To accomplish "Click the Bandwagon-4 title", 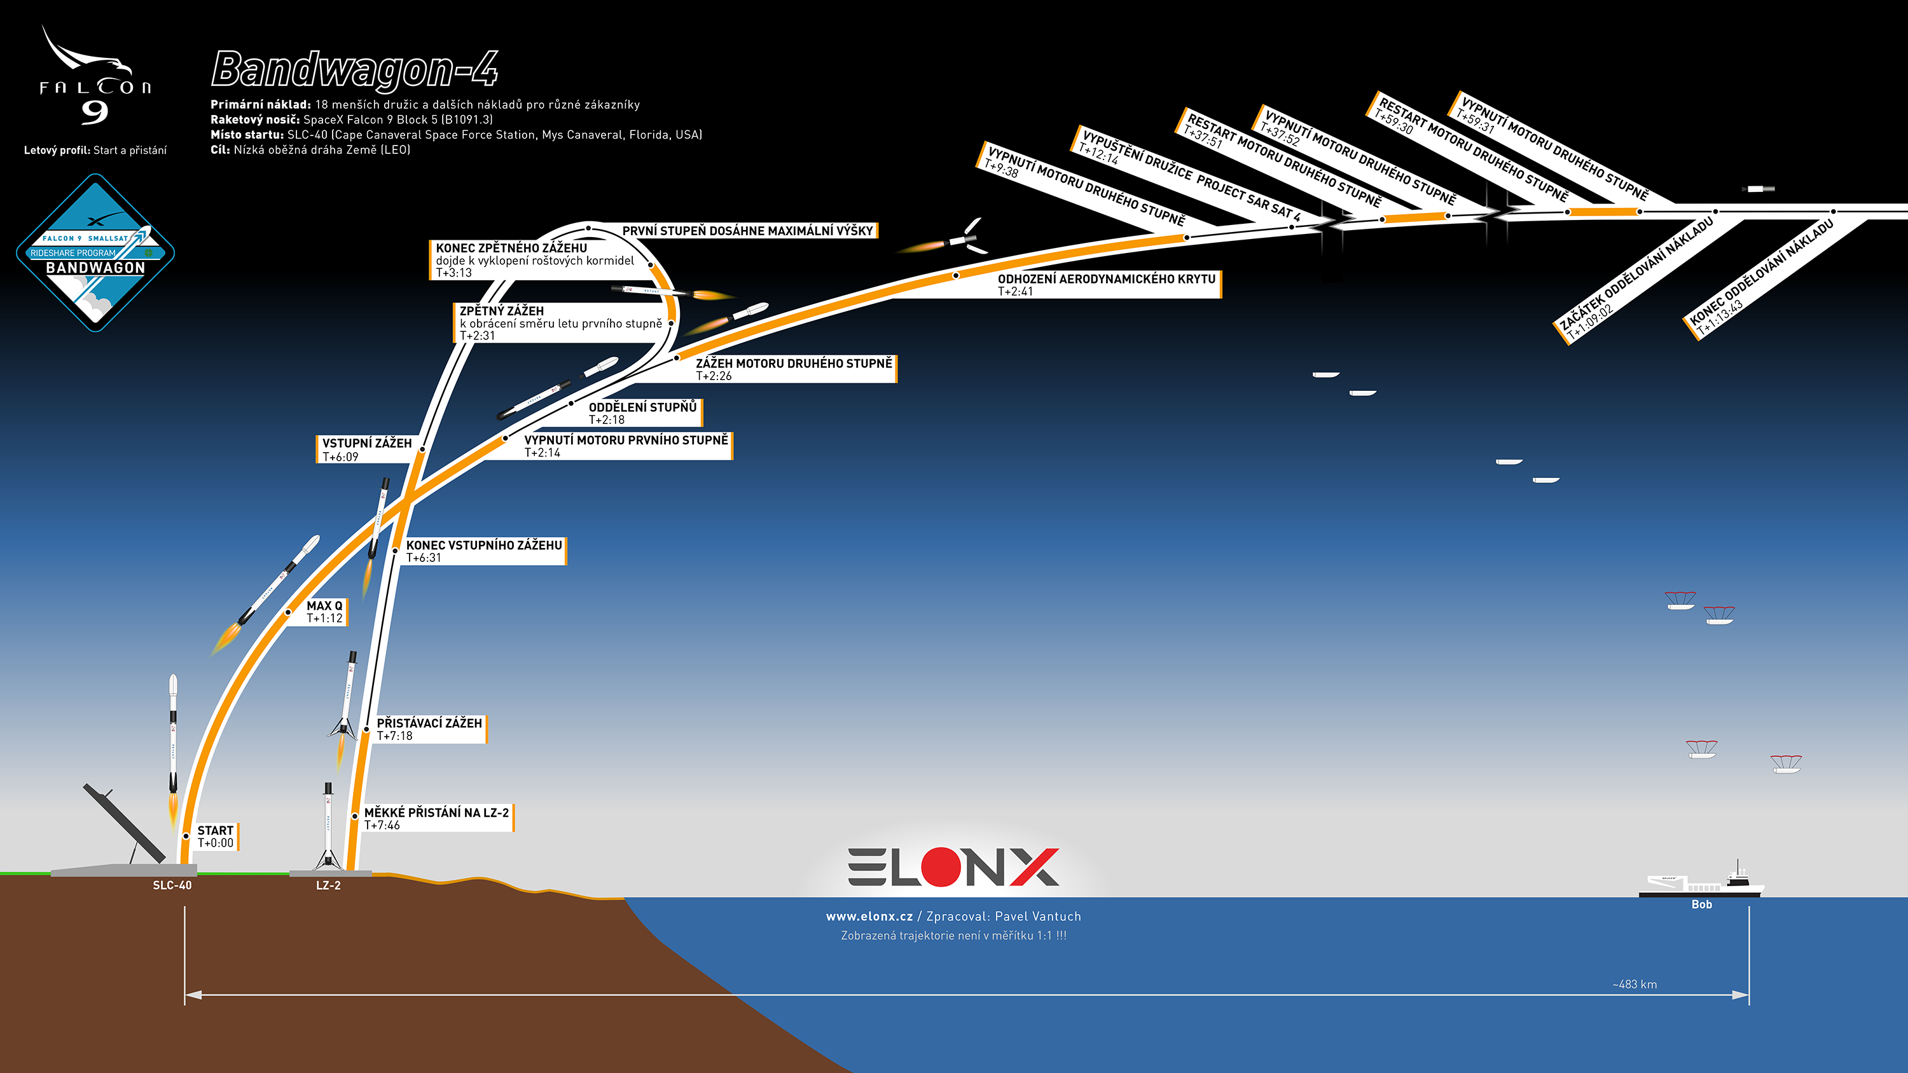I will click(x=354, y=71).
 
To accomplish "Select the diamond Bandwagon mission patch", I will click(x=95, y=252).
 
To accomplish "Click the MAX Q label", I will click(x=324, y=606).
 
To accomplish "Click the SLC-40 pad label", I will click(x=172, y=885).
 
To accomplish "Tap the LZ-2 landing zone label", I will click(x=328, y=885).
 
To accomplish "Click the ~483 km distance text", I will click(x=1634, y=984).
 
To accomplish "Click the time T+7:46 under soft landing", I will click(x=382, y=825).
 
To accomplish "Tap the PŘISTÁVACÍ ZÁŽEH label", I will click(x=429, y=723).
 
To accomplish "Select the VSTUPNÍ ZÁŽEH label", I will click(x=366, y=444).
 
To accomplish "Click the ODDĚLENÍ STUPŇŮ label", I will click(x=642, y=407).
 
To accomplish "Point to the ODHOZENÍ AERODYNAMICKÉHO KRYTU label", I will click(x=1106, y=279).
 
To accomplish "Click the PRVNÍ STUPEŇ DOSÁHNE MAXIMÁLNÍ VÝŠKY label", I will click(x=747, y=231).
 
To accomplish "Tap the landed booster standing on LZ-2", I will click(x=328, y=826).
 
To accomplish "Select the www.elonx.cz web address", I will click(x=869, y=917).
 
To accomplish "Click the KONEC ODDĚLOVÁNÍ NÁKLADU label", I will click(x=1761, y=274).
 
